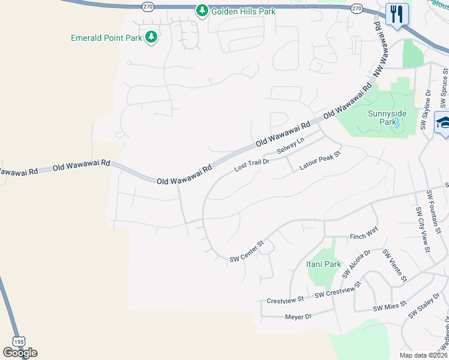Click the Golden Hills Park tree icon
click(202, 10)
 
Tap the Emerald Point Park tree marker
click(151, 37)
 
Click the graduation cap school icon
click(444, 122)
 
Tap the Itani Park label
click(324, 264)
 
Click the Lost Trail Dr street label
click(252, 163)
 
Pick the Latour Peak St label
click(320, 161)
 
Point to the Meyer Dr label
click(298, 317)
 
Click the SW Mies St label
click(390, 308)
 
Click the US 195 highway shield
click(18, 340)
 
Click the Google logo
click(20, 352)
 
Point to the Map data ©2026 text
click(422, 355)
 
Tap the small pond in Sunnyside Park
click(396, 123)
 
